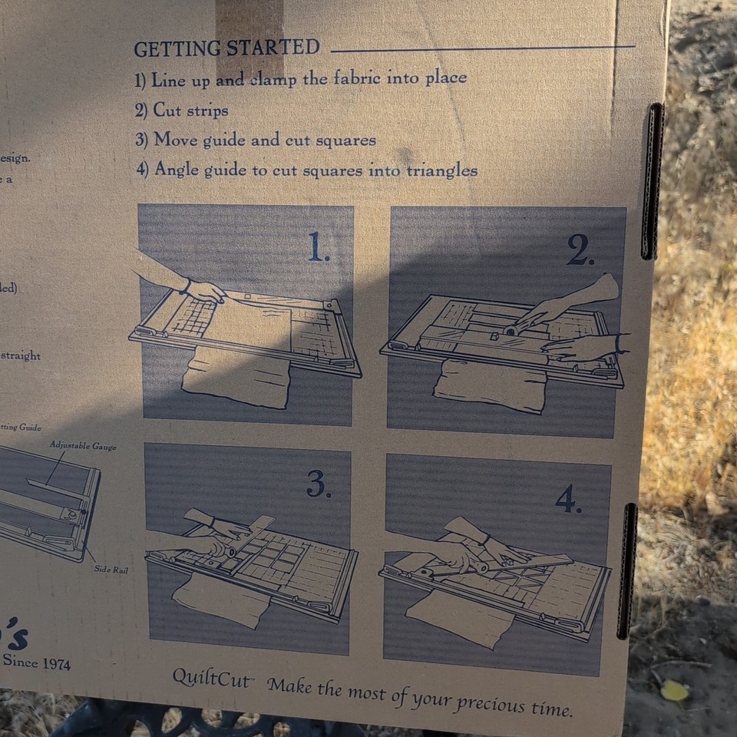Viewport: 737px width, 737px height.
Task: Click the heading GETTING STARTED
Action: coord(226,48)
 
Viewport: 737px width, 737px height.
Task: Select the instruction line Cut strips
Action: coord(190,110)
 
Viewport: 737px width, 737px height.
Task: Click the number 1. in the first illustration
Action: coord(319,247)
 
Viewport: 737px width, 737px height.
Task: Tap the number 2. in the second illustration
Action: coord(580,250)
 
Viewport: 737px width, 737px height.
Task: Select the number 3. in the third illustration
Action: coord(318,484)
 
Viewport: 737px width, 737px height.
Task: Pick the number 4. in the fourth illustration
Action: coord(568,500)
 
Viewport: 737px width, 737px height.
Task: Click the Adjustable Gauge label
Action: coord(83,445)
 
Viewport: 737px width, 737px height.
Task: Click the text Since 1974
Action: coord(36,661)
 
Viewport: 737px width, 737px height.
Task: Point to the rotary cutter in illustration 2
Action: coord(509,330)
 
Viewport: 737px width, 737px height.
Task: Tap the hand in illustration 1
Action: coord(203,291)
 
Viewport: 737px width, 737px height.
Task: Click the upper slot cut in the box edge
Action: coord(652,180)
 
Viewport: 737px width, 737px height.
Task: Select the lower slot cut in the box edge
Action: coord(628,570)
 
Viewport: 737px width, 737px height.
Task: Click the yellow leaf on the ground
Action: coord(675,690)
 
